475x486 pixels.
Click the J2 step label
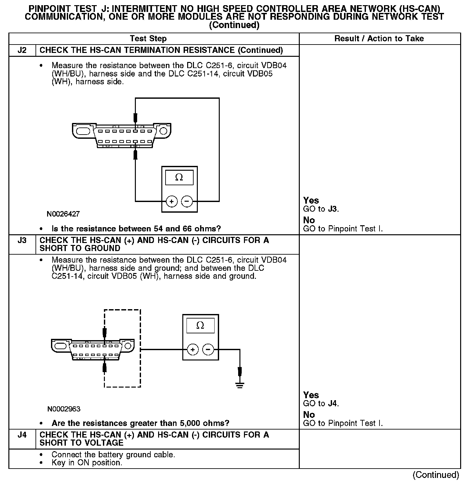click(22, 50)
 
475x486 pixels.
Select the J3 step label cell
click(22, 240)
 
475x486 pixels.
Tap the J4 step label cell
click(22, 435)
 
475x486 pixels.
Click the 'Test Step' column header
click(148, 39)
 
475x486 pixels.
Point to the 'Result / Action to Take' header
click(379, 39)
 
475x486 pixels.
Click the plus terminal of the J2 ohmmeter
click(172, 202)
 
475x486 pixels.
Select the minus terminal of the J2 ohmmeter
click(187, 202)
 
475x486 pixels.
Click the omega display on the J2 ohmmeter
click(179, 177)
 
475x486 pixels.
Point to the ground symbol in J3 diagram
click(239, 385)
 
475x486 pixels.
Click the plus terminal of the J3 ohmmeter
click(193, 349)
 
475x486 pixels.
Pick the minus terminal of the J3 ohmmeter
click(208, 349)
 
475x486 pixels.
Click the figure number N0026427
click(63, 214)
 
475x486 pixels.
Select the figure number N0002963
click(64, 409)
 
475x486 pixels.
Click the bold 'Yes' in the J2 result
click(311, 200)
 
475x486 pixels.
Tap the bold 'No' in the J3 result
click(309, 415)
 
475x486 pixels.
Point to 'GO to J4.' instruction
click(321, 404)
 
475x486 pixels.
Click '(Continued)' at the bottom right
click(436, 475)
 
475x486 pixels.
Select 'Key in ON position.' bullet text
click(87, 463)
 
